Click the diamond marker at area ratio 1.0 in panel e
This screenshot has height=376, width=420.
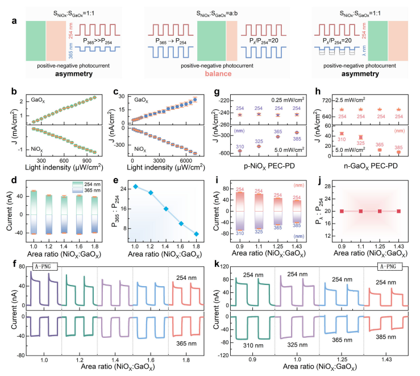tap(135, 187)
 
